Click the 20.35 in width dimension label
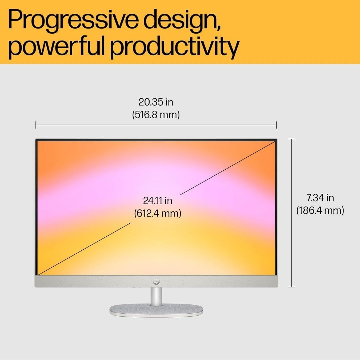[x=156, y=102]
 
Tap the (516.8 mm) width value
[x=156, y=115]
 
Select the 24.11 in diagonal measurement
[x=157, y=201]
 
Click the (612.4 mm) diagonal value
[x=157, y=213]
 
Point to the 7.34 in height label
[x=320, y=198]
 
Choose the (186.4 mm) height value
[x=320, y=210]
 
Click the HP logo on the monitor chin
[x=156, y=281]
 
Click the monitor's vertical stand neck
[x=156, y=296]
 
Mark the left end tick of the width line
[x=35, y=125]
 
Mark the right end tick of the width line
[x=276, y=125]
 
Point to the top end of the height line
[x=292, y=139]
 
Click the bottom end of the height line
[x=292, y=287]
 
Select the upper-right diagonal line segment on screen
[x=228, y=168]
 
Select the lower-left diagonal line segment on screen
[x=84, y=248]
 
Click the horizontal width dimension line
[x=156, y=125]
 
